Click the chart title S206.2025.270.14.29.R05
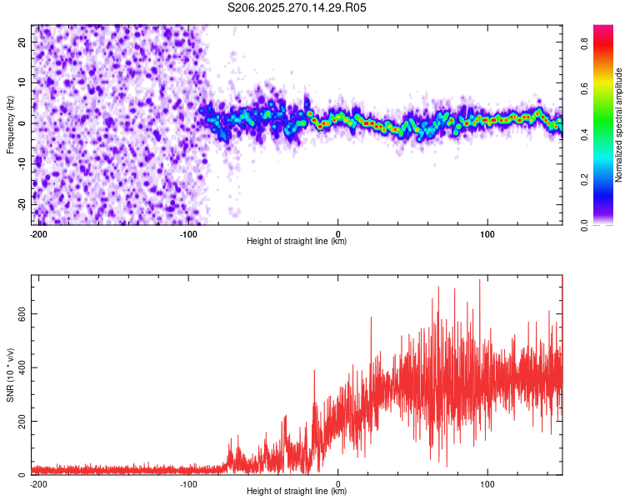coord(297,7)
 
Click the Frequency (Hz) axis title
coord(10,124)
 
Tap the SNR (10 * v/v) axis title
coord(10,374)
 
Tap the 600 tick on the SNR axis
coord(18,314)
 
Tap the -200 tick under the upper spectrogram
coord(37,233)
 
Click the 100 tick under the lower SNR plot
coord(487,483)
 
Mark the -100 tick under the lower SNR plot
coord(188,483)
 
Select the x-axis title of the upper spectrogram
coord(297,242)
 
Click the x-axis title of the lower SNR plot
coord(297,492)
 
